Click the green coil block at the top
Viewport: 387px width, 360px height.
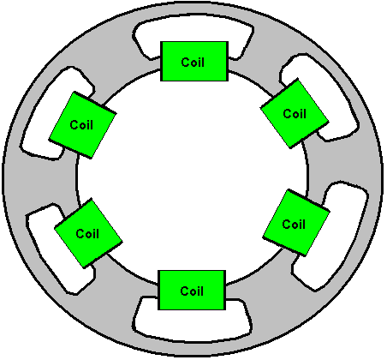(194, 62)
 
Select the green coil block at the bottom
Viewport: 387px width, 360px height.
(192, 290)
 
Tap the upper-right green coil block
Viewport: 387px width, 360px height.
(295, 113)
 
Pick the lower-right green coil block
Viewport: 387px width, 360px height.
(296, 222)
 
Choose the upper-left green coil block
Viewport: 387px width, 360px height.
(82, 125)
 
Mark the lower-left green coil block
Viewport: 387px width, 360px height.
(88, 233)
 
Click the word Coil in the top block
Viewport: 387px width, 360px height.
(193, 62)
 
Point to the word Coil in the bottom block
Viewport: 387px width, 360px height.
(192, 291)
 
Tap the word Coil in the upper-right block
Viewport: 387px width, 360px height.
(295, 114)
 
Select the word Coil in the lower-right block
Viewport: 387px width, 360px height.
(294, 224)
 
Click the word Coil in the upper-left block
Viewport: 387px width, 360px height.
(81, 125)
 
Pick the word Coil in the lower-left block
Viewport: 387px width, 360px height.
(87, 234)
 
